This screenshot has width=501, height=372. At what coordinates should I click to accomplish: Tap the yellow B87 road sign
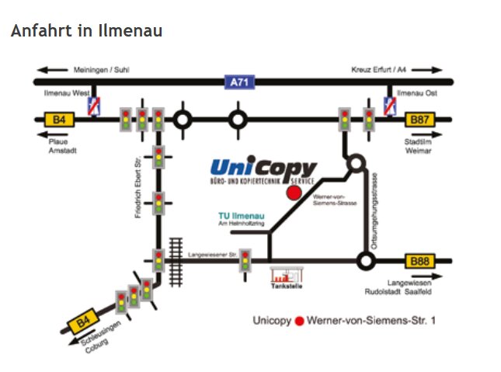click(x=419, y=120)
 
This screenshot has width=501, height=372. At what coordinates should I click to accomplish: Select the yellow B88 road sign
click(x=419, y=261)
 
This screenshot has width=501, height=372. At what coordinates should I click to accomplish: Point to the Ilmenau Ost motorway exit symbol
click(x=391, y=105)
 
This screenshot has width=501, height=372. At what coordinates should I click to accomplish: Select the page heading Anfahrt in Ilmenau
click(x=86, y=31)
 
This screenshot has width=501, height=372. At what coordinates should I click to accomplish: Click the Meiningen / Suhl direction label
click(x=101, y=69)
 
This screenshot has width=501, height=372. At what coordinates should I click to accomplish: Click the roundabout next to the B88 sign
click(x=364, y=261)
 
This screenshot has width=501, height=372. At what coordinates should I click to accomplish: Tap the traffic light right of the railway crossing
click(x=246, y=259)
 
